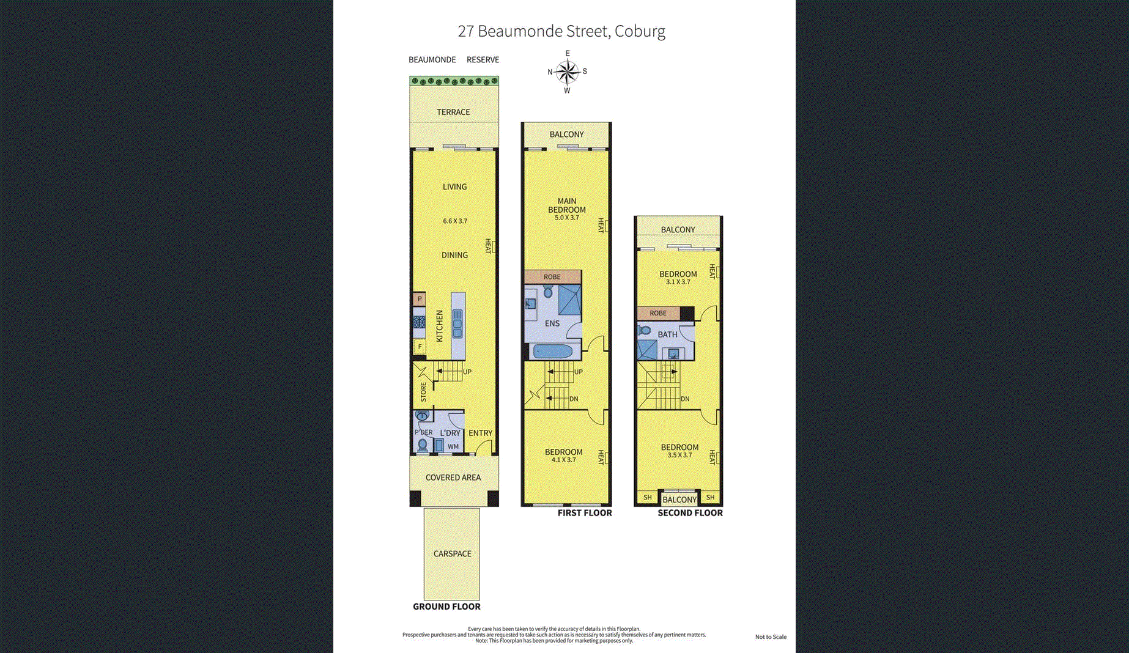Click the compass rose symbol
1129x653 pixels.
point(568,72)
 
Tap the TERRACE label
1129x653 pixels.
point(453,112)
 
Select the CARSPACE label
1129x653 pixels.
point(453,553)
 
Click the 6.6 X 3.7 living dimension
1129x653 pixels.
point(455,221)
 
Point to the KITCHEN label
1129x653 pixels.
point(439,326)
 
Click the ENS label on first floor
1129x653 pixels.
point(552,323)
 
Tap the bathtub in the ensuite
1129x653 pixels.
point(553,352)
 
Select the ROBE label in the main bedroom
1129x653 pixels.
point(552,277)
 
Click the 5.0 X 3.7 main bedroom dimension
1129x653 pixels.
point(567,218)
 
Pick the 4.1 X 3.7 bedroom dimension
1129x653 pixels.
point(564,460)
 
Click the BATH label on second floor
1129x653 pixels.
point(668,334)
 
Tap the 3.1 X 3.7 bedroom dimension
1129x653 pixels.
point(678,282)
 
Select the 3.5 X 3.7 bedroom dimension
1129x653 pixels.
point(680,455)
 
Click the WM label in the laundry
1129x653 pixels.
point(453,446)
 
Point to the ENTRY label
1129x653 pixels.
point(481,433)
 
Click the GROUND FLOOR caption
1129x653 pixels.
point(446,607)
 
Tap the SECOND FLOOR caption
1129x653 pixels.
point(690,513)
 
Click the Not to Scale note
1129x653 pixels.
point(771,637)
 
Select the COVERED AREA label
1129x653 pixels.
point(453,478)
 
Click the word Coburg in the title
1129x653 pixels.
point(640,32)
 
